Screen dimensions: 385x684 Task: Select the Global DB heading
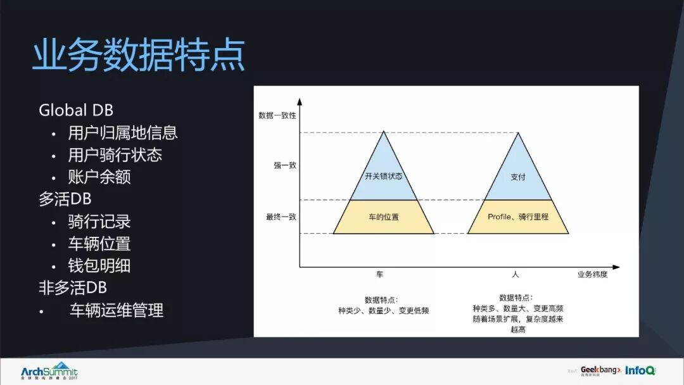(x=76, y=110)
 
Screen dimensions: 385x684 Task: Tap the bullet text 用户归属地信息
(x=123, y=132)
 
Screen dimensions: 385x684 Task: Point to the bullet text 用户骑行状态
(x=115, y=155)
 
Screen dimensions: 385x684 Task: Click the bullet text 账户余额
(x=99, y=177)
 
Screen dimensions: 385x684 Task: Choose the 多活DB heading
(x=65, y=199)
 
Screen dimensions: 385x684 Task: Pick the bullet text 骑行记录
(x=99, y=222)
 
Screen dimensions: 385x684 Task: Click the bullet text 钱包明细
(x=99, y=266)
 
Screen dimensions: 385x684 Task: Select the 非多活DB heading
(x=73, y=288)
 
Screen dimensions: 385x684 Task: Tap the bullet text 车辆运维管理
(x=117, y=310)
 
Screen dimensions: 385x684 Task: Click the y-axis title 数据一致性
(x=277, y=115)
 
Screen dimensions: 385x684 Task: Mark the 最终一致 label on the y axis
(x=281, y=217)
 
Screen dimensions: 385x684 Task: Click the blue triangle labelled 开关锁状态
(x=384, y=174)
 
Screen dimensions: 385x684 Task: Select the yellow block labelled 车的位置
(x=384, y=217)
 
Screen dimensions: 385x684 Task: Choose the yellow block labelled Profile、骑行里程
(x=518, y=217)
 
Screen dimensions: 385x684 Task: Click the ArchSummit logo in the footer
(x=49, y=371)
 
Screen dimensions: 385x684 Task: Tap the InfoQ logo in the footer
(x=640, y=370)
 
